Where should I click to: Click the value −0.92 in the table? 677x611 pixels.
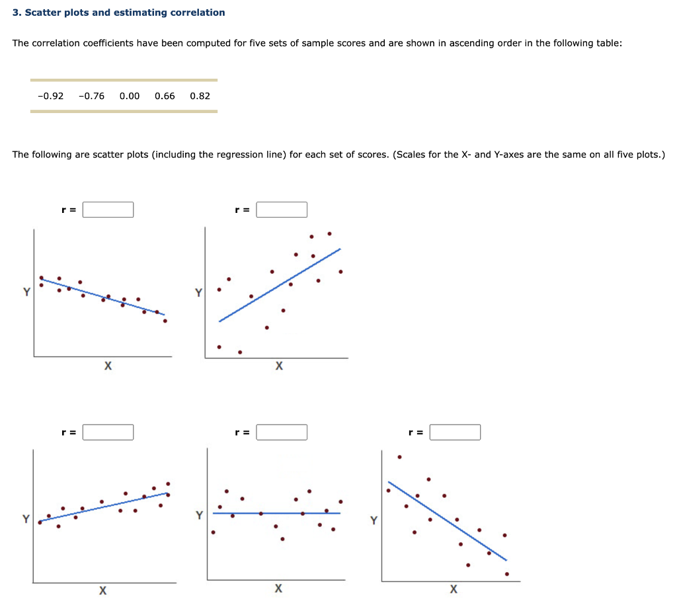pyautogui.click(x=51, y=96)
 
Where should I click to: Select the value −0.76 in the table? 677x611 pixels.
pyautogui.click(x=91, y=96)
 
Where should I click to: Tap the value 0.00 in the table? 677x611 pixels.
pyautogui.click(x=130, y=96)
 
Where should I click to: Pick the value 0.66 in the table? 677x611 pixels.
pyautogui.click(x=165, y=96)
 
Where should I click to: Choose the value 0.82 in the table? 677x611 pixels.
pyautogui.click(x=200, y=96)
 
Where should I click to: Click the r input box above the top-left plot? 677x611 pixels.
pyautogui.click(x=108, y=210)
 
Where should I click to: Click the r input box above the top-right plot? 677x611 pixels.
pyautogui.click(x=282, y=210)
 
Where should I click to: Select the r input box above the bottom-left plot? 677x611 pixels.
pyautogui.click(x=108, y=432)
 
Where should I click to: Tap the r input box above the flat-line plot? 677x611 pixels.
pyautogui.click(x=282, y=432)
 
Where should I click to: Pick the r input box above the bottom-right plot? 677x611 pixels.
pyautogui.click(x=455, y=432)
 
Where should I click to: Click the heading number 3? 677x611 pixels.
pyautogui.click(x=16, y=13)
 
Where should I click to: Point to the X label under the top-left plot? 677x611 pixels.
pyautogui.click(x=107, y=366)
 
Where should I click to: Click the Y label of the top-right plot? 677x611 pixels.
pyautogui.click(x=198, y=292)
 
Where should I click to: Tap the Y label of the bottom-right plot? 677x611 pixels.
pyautogui.click(x=374, y=520)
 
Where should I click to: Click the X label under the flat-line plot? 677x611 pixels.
pyautogui.click(x=278, y=589)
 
